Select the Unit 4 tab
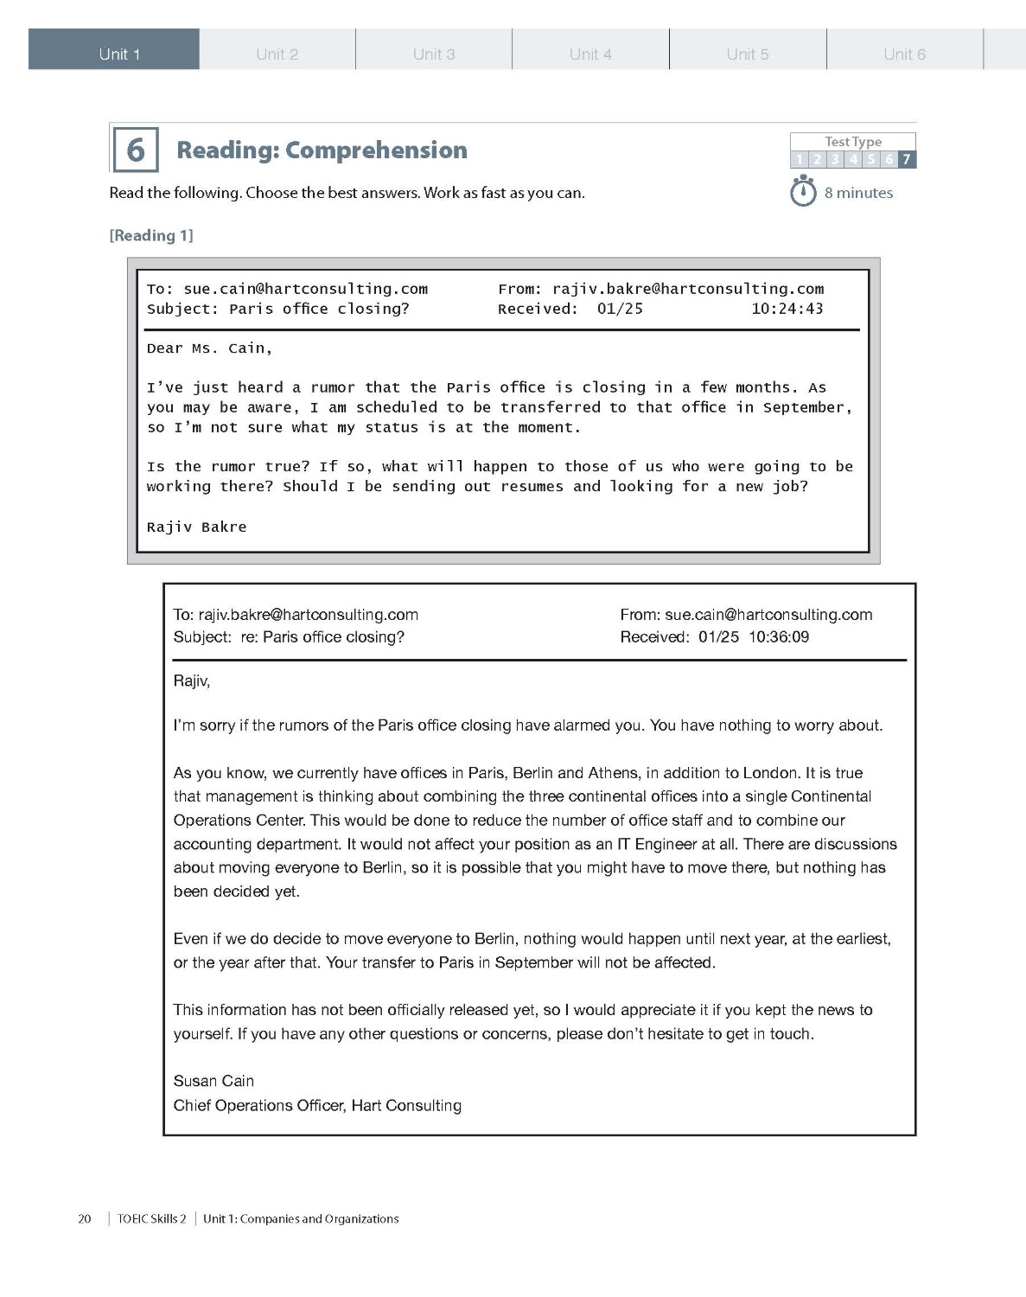(x=590, y=54)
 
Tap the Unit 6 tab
(x=904, y=54)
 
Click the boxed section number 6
(x=136, y=150)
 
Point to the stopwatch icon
(x=803, y=191)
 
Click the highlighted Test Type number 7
(x=906, y=159)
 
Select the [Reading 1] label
(x=151, y=235)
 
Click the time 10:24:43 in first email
(x=787, y=309)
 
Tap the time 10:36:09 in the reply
(x=779, y=637)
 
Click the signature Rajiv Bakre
(x=196, y=527)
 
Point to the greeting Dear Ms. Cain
(x=209, y=348)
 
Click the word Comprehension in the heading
(x=376, y=150)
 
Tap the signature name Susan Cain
(x=213, y=1081)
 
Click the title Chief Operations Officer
(x=258, y=1105)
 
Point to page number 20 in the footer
(x=85, y=1219)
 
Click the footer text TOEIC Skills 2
(x=152, y=1219)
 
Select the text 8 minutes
(x=858, y=193)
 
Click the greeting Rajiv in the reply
(x=191, y=681)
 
